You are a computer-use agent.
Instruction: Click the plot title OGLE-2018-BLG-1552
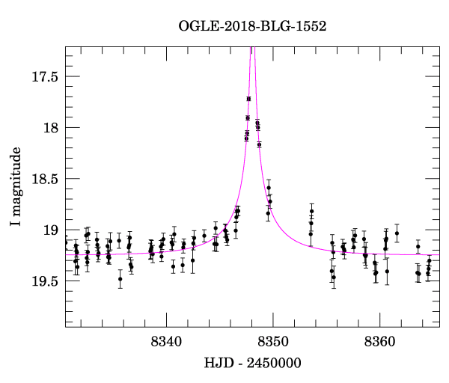[252, 26]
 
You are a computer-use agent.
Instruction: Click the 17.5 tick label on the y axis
[44, 76]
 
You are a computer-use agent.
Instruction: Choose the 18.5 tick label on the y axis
[44, 179]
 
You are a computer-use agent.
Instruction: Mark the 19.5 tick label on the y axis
[44, 281]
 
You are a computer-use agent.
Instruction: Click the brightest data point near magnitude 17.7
[248, 99]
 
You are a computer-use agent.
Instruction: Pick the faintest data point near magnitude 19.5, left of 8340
[120, 279]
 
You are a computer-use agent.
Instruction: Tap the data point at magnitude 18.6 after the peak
[269, 188]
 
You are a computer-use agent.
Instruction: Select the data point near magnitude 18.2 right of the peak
[259, 144]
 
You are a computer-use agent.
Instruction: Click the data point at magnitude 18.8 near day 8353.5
[311, 211]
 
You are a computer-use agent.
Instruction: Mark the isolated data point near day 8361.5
[397, 233]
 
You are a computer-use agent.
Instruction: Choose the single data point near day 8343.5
[204, 236]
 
